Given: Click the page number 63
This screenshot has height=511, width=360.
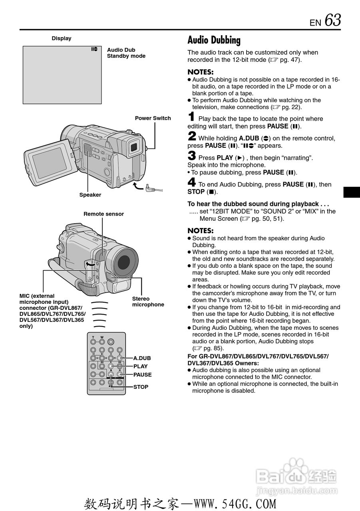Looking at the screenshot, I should [x=333, y=20].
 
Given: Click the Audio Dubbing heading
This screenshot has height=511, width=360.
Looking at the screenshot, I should [x=214, y=40].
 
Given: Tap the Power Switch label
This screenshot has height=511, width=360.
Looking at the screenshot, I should [x=153, y=118].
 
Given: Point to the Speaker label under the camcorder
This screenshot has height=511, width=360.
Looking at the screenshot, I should [x=90, y=195].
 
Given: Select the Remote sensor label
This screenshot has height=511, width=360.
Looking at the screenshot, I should [x=103, y=214].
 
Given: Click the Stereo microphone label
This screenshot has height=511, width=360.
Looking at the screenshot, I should [x=148, y=301].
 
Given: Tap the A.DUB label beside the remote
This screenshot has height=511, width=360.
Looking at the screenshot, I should [x=142, y=358].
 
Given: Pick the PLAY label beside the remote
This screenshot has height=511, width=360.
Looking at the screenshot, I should [x=140, y=366].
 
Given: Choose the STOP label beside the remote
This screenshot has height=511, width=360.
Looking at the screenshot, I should [x=141, y=387].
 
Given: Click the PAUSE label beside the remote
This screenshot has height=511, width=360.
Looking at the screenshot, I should [x=142, y=375].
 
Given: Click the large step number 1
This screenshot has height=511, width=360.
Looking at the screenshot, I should [x=192, y=117].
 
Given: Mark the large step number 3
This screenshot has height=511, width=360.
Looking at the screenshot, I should [x=192, y=156].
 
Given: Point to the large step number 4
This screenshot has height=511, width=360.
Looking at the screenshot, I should [x=192, y=183].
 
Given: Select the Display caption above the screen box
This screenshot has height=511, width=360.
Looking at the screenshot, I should [x=62, y=38].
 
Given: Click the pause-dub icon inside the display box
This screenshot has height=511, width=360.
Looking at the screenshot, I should [x=94, y=49].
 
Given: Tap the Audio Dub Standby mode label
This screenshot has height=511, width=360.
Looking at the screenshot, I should [x=126, y=53].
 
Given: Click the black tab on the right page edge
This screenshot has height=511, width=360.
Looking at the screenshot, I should [x=352, y=192].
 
